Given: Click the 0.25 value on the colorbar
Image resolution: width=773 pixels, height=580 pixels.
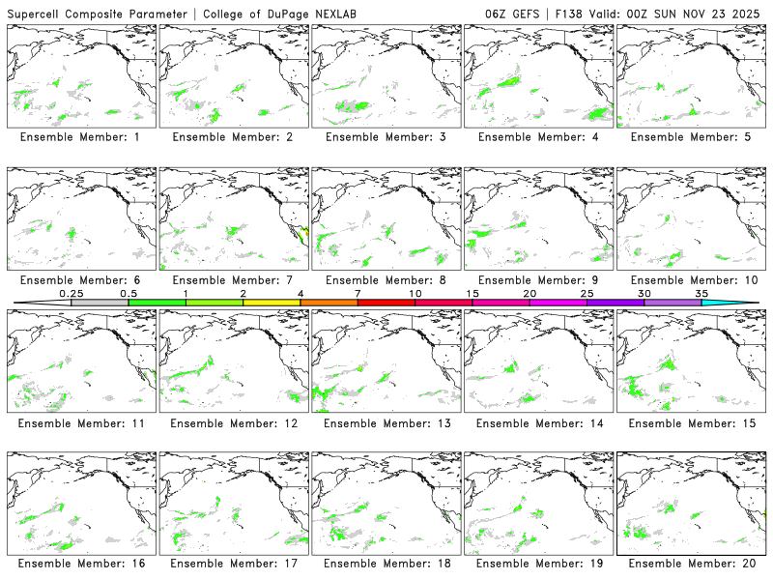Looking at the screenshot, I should point(71,293).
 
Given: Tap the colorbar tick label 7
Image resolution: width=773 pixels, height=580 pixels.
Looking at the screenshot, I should point(358,293).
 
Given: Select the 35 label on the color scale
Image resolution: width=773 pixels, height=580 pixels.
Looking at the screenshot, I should point(701,293).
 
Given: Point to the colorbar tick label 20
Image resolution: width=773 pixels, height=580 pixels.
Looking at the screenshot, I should point(530,293).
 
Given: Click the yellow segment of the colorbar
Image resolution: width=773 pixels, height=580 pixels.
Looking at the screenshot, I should point(272,303).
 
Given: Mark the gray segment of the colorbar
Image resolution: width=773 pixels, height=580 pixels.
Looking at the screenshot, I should point(100,303).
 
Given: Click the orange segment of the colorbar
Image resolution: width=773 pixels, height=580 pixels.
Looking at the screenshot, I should point(329,303).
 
